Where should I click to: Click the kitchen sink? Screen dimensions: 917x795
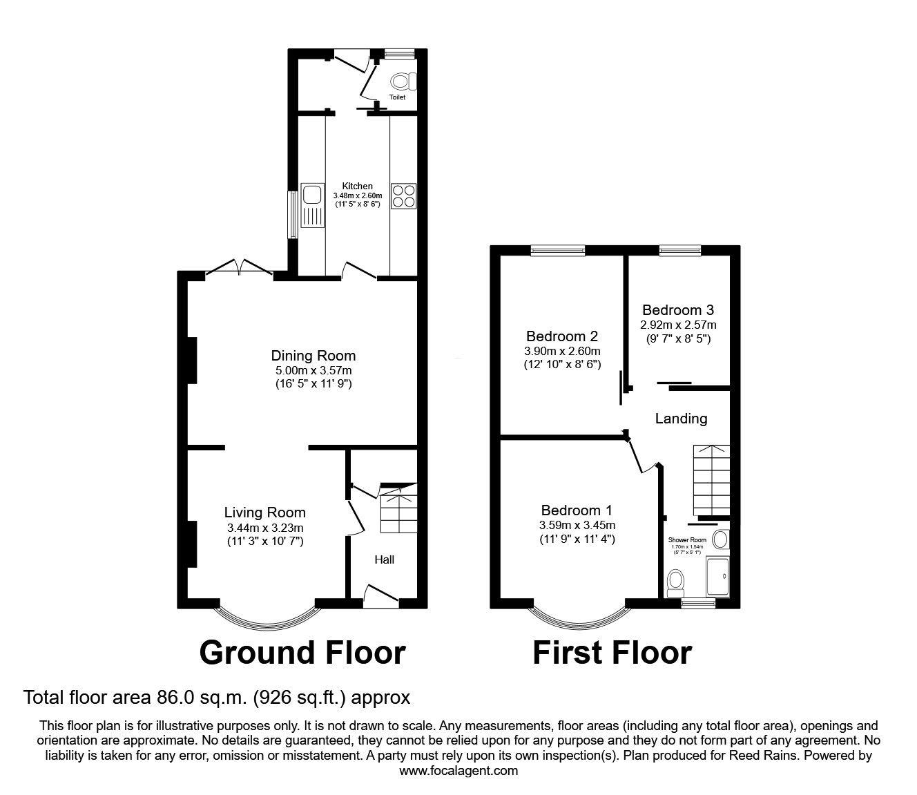pos(312,205)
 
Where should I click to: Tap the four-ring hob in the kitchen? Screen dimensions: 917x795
pos(404,195)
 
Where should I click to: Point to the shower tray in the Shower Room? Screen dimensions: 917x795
pos(717,577)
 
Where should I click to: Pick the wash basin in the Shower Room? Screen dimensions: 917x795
pos(721,539)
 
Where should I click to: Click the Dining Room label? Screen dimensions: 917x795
pos(313,356)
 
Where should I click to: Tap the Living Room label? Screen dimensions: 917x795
pos(265,513)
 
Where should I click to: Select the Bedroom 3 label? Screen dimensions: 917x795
pos(678,310)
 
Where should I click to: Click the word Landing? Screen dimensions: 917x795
pos(681,419)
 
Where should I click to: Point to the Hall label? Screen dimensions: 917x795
pos(384,559)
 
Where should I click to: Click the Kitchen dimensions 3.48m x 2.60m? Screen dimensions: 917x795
pos(358,195)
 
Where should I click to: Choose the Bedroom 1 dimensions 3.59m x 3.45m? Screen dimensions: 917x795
pos(577,525)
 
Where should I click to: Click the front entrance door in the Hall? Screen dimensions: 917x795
pos(381,596)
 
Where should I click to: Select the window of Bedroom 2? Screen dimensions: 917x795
pos(558,251)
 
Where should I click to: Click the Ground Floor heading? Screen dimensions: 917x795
pos(302,653)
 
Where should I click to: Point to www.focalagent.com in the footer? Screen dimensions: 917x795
pos(458,771)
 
